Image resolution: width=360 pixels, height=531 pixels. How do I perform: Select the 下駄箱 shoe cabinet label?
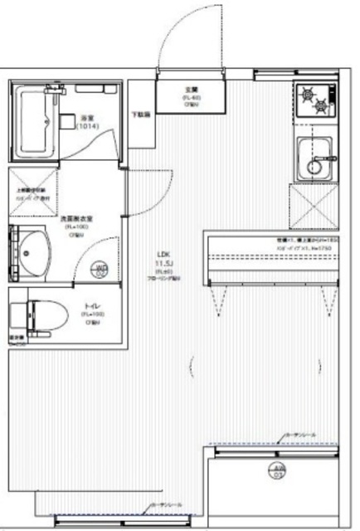click(143, 114)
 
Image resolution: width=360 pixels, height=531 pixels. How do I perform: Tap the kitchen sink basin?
click(318, 158)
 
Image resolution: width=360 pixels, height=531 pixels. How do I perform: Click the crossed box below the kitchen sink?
click(314, 205)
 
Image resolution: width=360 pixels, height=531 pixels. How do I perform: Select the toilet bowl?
click(31, 316)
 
